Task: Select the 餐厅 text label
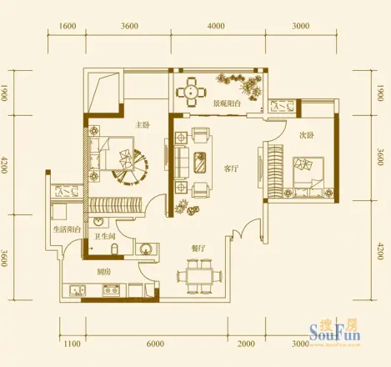coord(198,247)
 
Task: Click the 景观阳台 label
coord(227,104)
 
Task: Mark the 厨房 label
coord(104,272)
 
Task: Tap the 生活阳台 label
coord(66,229)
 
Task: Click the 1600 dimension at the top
coord(68,26)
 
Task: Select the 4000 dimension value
coord(216,26)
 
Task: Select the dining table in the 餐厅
coord(198,274)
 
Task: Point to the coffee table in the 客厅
coord(200,161)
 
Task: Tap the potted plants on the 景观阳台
coord(240,83)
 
